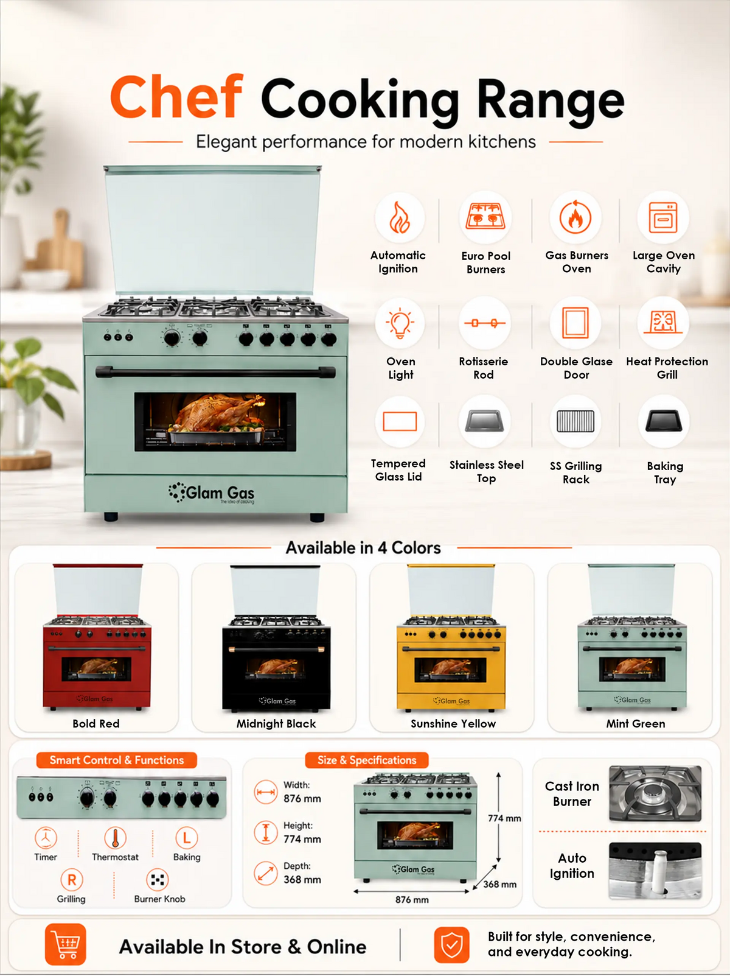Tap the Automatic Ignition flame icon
point(400,217)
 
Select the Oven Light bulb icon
point(400,323)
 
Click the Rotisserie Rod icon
point(485,323)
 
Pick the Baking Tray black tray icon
point(663,421)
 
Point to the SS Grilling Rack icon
point(575,421)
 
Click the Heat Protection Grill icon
point(663,322)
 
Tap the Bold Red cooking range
point(97,637)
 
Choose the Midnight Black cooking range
point(276,638)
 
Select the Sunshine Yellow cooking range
point(451,637)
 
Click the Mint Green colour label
point(635,723)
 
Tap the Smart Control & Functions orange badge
point(116,760)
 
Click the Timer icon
point(46,838)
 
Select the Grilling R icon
point(72,880)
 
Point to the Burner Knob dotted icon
point(158,880)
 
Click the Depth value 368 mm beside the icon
point(302,880)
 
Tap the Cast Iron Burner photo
point(655,793)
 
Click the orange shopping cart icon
point(65,944)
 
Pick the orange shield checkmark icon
point(451,944)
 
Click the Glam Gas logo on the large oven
point(211,493)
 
